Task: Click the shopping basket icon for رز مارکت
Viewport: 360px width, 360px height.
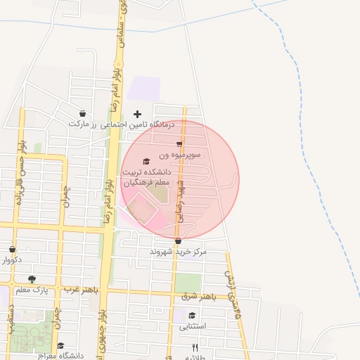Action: coord(83,113)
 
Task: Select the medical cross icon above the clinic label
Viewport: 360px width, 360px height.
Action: coord(137,113)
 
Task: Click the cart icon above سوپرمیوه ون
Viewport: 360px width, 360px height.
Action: coord(180,143)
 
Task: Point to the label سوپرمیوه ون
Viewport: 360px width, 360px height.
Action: coord(180,153)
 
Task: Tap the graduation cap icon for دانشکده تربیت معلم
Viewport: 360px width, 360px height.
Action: coord(146,161)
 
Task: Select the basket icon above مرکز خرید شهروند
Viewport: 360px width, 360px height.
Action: coord(178,241)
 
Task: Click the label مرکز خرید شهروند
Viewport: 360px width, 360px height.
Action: coord(178,251)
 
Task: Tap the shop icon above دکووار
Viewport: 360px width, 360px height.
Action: coord(12,250)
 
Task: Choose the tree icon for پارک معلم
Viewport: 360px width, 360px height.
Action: coord(32,280)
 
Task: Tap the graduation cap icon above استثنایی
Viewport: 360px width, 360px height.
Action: coord(192,315)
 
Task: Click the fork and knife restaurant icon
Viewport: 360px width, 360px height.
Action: coord(195,347)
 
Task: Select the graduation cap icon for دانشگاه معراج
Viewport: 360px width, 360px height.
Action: coord(60,345)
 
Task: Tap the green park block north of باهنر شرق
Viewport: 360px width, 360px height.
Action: coord(187,282)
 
